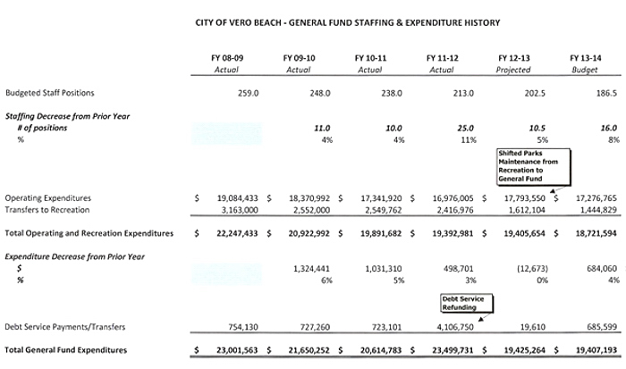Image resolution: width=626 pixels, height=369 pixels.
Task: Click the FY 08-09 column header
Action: (x=227, y=57)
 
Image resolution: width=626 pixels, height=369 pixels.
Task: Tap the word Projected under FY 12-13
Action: (x=513, y=70)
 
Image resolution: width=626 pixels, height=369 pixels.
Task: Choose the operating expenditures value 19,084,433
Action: (x=233, y=197)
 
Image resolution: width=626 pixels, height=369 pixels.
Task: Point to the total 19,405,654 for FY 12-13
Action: (x=515, y=233)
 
